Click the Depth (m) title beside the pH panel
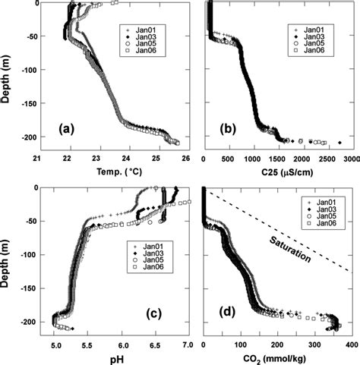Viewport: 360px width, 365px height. (8, 256)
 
